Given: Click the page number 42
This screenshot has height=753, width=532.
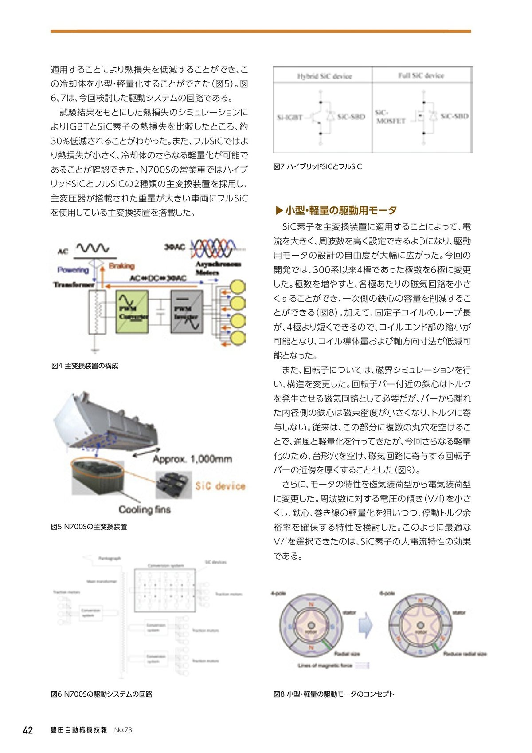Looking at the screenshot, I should [27, 730].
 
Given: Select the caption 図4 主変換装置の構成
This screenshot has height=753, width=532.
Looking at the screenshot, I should [85, 366].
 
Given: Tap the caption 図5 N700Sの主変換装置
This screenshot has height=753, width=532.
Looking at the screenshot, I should [89, 527].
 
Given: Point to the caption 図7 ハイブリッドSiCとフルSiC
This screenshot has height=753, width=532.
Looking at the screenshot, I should [317, 166].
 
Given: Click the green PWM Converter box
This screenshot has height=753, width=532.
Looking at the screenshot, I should [132, 311].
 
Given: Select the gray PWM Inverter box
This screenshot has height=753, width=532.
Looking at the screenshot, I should [187, 311].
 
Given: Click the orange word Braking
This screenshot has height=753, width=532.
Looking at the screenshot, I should [121, 266].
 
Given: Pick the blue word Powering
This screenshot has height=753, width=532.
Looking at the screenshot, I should [73, 269].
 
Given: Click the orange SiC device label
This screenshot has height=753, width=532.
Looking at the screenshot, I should [220, 486].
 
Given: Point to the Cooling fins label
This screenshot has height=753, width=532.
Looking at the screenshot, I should [145, 509].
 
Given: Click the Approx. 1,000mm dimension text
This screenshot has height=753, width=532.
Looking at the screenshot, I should [192, 459].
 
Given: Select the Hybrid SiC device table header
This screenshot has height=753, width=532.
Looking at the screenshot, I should [324, 76].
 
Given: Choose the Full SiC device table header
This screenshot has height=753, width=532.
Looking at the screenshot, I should [421, 75].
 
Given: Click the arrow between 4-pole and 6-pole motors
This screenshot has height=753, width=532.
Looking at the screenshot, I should [366, 625].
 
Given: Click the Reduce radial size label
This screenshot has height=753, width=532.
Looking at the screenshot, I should [465, 654].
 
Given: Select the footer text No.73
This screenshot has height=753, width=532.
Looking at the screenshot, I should [123, 730].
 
